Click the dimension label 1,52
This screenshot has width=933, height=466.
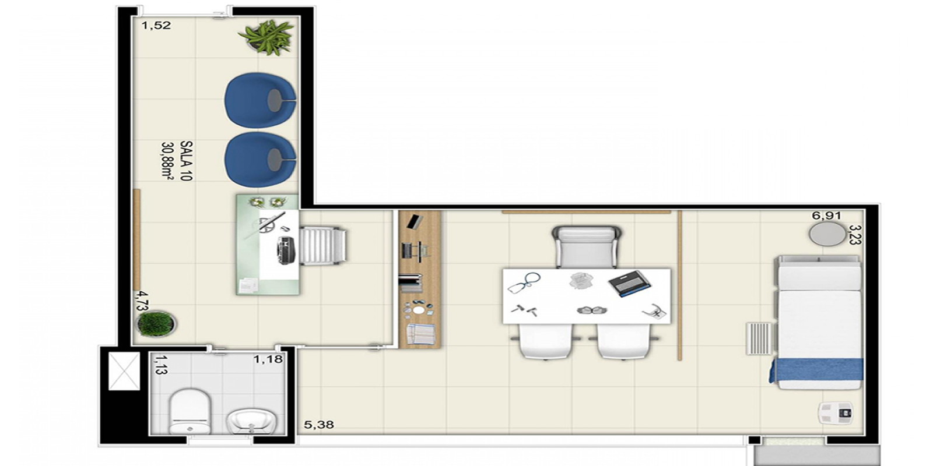pyautogui.click(x=156, y=26)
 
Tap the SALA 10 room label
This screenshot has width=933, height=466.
pyautogui.click(x=186, y=161)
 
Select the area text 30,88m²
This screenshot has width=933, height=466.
pyautogui.click(x=167, y=161)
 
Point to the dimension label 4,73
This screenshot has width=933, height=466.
pyautogui.click(x=142, y=301)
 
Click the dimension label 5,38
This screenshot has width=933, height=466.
pyautogui.click(x=319, y=425)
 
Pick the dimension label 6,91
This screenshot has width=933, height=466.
pyautogui.click(x=827, y=216)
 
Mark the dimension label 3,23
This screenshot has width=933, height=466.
pyautogui.click(x=855, y=235)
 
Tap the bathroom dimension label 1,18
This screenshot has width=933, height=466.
pyautogui.click(x=268, y=359)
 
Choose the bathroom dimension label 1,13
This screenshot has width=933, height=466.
pyautogui.click(x=161, y=365)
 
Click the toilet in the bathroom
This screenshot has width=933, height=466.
pyautogui.click(x=190, y=411)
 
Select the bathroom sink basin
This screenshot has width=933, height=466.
pyautogui.click(x=251, y=421)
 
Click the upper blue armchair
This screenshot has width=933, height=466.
pyautogui.click(x=260, y=100)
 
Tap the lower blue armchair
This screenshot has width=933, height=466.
pyautogui.click(x=260, y=160)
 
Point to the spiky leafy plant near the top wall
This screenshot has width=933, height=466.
pyautogui.click(x=266, y=37)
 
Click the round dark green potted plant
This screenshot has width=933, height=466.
pyautogui.click(x=156, y=323)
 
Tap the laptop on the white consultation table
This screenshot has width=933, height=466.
pyautogui.click(x=629, y=284)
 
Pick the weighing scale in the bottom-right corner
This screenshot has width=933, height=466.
pyautogui.click(x=835, y=413)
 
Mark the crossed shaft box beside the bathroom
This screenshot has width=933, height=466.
pyautogui.click(x=124, y=371)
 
